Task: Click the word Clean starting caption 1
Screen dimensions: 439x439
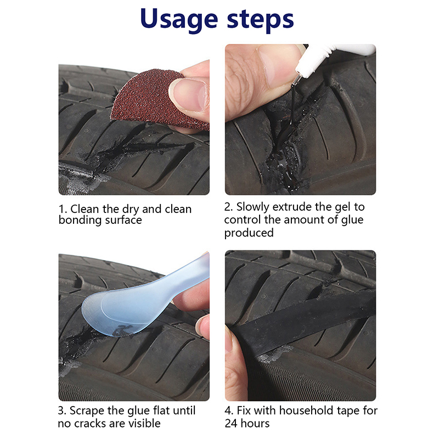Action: pyautogui.click(x=85, y=209)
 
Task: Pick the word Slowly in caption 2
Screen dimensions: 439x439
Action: pyautogui.click(x=253, y=207)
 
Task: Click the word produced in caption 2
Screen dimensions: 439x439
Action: pyautogui.click(x=249, y=233)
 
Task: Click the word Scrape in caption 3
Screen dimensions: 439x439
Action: pyautogui.click(x=87, y=411)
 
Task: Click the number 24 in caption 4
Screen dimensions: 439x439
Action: pyautogui.click(x=231, y=424)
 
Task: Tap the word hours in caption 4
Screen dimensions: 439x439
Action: pyautogui.click(x=255, y=423)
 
